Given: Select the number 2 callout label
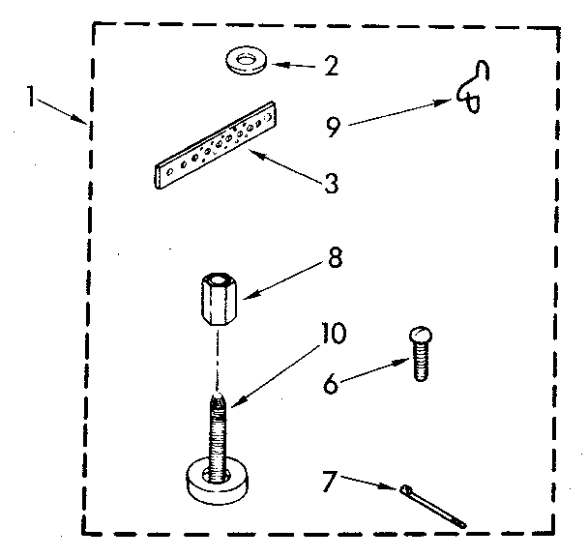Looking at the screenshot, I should point(331,68).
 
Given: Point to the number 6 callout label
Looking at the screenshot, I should point(332,384).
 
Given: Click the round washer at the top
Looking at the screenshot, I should point(247,62).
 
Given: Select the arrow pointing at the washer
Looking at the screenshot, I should point(295,66).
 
